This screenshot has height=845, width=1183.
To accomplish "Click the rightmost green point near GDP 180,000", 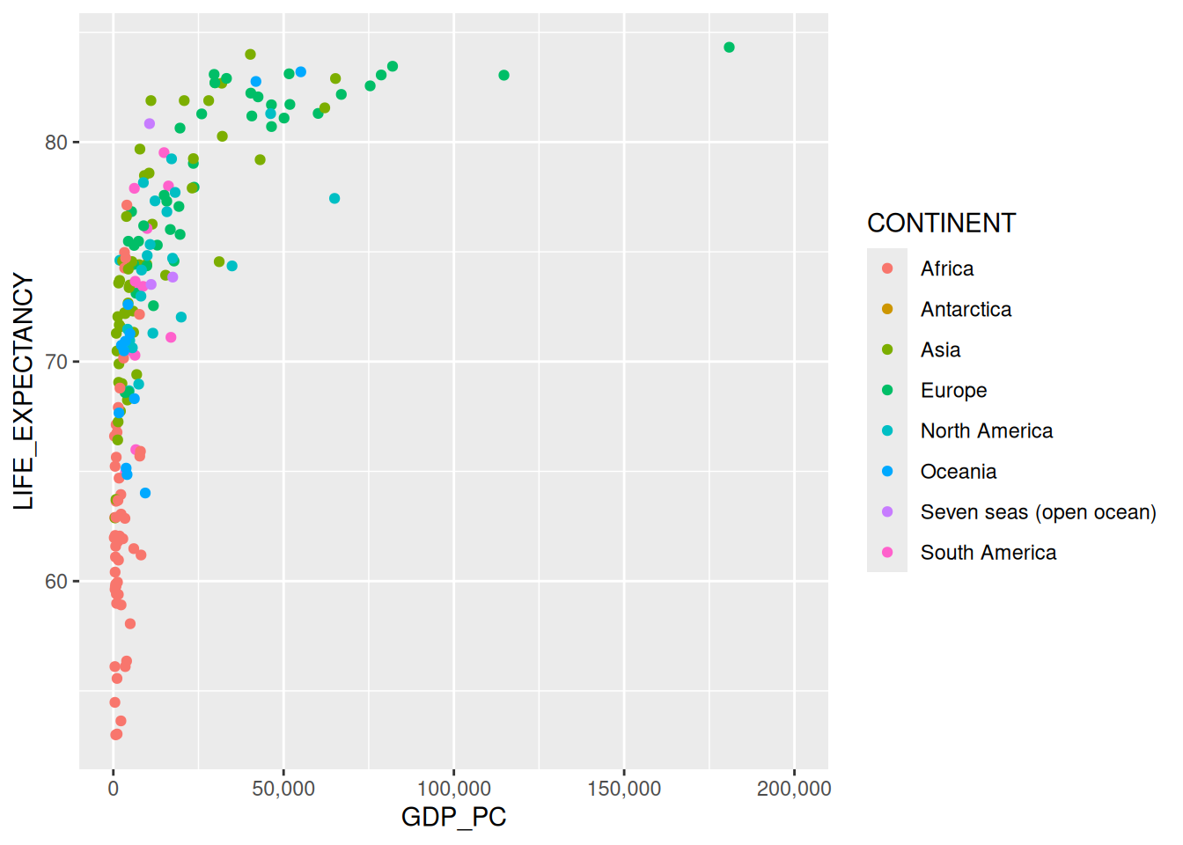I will [729, 48].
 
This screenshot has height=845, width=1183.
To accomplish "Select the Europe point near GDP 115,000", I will [503, 76].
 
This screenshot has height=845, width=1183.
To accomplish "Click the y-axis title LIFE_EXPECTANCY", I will [24, 391].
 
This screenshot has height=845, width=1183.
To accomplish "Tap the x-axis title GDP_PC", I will [453, 817].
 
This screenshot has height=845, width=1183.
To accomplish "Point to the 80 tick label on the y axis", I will [55, 143].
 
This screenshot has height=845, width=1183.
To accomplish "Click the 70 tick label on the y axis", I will [55, 362].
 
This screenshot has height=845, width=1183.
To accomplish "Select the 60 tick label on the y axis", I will [55, 582].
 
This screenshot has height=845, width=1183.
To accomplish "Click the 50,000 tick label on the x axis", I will [283, 789].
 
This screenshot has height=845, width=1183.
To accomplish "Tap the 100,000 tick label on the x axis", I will [453, 789].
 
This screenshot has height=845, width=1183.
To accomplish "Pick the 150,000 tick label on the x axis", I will [624, 789].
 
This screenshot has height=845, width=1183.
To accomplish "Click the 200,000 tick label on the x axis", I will [794, 789].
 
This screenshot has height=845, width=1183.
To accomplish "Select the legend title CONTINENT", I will [941, 224].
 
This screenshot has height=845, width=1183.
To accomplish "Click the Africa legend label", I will [947, 269].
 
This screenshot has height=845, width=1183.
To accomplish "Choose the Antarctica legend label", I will [966, 310].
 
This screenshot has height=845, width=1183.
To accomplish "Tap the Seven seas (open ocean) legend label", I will [1038, 512].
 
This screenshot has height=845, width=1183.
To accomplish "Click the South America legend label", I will [988, 553].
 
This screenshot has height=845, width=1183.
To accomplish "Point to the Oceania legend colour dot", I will [887, 472].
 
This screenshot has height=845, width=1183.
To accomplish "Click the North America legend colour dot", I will [887, 431].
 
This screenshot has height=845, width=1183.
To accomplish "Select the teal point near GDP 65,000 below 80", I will [334, 199].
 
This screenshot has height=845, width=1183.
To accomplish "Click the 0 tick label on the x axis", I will [114, 789].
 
